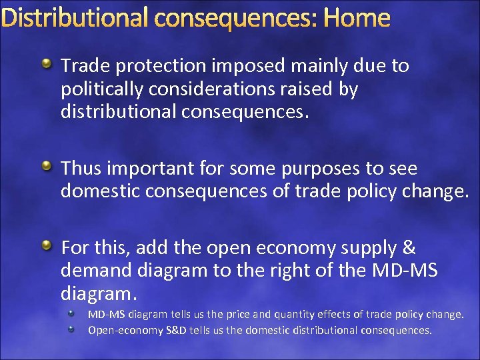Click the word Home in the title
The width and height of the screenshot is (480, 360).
(357, 18)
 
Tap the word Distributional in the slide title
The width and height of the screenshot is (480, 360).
(74, 18)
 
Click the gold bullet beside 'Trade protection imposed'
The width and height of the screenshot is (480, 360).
(47, 65)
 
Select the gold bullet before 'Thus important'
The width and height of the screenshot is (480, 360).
(47, 165)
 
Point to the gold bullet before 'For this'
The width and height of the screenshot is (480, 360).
(47, 247)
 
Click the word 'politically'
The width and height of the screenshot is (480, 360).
(102, 89)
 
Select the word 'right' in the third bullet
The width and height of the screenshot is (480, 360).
(293, 271)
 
